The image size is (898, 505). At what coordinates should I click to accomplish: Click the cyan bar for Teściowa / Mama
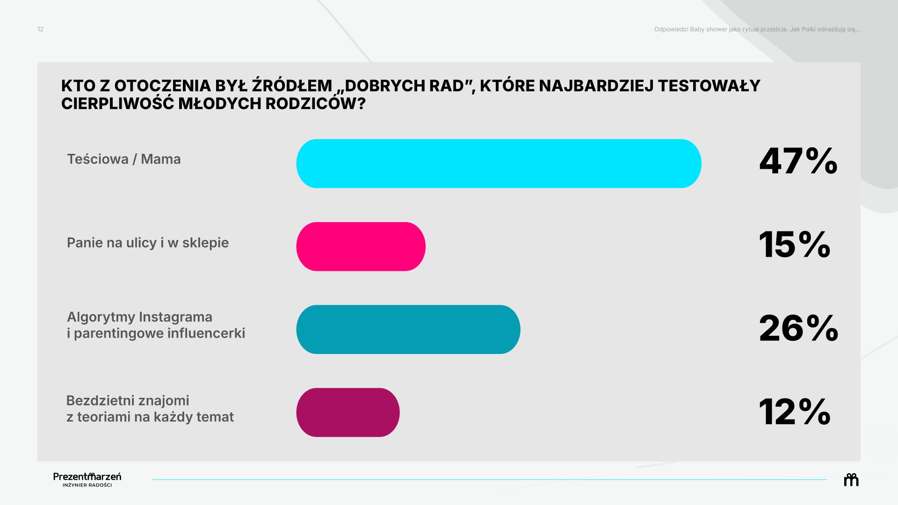499,164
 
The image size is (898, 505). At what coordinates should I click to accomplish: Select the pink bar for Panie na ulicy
361,246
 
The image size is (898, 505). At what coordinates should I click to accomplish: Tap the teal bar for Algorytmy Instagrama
408,330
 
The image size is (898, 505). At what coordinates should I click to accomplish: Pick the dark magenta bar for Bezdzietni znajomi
348,412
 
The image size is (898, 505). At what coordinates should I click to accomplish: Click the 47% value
798,161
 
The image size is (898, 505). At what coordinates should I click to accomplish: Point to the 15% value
795,244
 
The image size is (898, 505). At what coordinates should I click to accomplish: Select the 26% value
798,328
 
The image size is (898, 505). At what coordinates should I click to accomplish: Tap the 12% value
795,411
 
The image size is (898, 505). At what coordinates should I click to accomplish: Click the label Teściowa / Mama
124,159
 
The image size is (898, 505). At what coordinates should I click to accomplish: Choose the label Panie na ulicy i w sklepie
148,243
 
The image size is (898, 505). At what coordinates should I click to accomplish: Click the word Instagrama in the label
176,317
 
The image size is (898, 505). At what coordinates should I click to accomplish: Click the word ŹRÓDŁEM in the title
292,86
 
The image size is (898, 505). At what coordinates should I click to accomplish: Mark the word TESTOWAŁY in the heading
709,86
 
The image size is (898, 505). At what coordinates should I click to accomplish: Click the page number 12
40,29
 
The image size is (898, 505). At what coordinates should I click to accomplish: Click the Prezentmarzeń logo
87,479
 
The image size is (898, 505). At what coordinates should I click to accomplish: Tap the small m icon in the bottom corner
851,480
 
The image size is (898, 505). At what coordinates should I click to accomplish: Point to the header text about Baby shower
757,29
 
